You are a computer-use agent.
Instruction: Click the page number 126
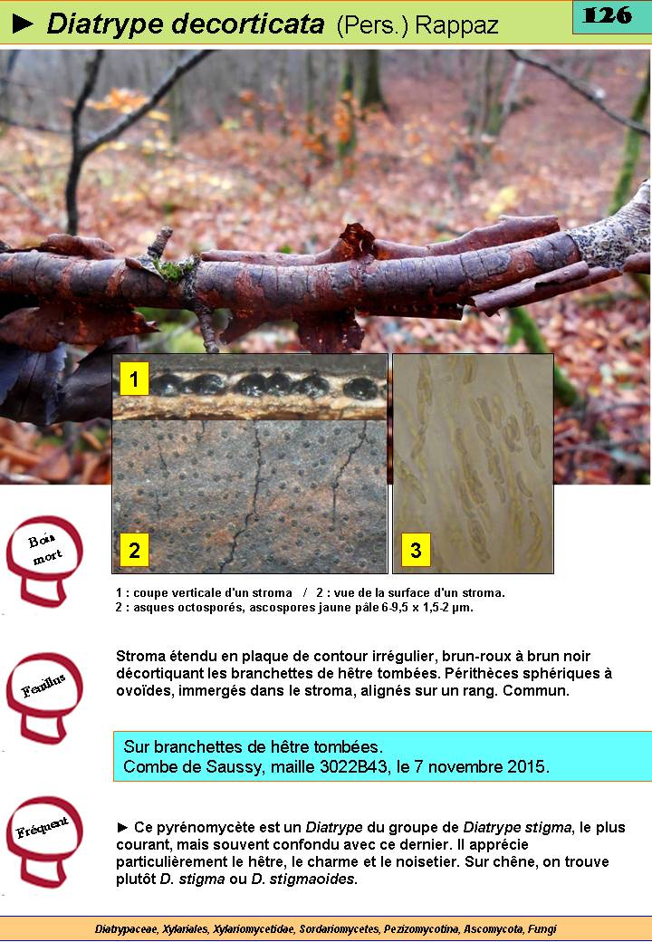click(608, 15)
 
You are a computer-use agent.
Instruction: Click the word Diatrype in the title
click(104, 24)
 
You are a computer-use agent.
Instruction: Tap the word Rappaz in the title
click(457, 25)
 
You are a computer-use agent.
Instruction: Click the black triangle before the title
click(24, 24)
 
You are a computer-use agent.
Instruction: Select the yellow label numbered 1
click(134, 379)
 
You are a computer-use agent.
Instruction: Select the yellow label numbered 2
click(134, 549)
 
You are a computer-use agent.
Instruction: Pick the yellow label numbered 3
click(416, 549)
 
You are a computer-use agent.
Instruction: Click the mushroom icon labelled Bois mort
click(43, 560)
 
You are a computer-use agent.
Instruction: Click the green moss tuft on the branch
click(173, 268)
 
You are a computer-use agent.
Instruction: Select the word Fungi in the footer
click(542, 928)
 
